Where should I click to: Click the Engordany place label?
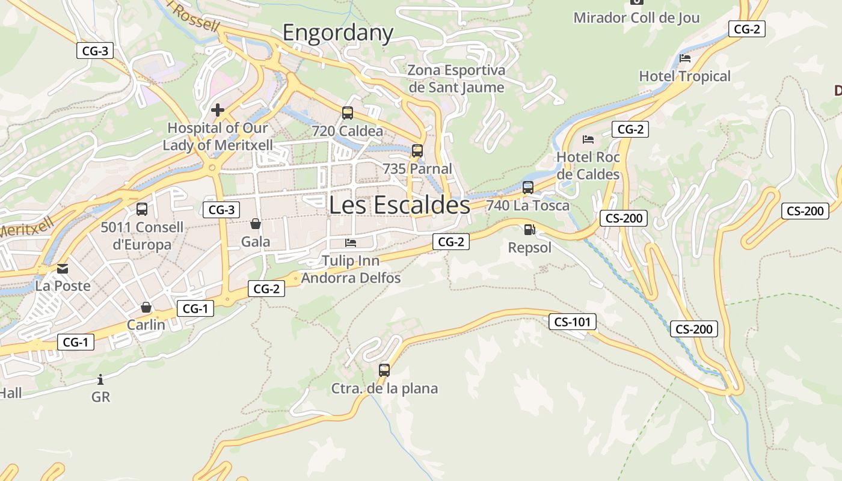click(x=338, y=32)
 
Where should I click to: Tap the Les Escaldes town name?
click(x=399, y=205)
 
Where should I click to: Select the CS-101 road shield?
click(x=572, y=322)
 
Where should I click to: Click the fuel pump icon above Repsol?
click(x=529, y=229)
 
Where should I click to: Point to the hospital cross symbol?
click(x=218, y=110)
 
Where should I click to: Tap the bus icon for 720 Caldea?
click(x=348, y=112)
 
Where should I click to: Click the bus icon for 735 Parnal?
click(x=417, y=150)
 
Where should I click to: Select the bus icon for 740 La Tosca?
click(x=528, y=187)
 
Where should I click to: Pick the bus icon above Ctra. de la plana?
click(x=384, y=370)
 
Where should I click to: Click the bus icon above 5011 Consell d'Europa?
click(x=142, y=209)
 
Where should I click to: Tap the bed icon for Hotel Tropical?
click(x=685, y=58)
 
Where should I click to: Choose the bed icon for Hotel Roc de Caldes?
click(x=588, y=139)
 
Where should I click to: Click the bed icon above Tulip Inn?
click(x=351, y=243)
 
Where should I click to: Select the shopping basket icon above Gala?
click(x=256, y=224)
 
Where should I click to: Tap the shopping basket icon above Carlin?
click(x=146, y=307)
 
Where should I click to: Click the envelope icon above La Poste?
click(x=63, y=268)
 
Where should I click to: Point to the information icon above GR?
click(x=100, y=379)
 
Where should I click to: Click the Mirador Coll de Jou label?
click(x=636, y=17)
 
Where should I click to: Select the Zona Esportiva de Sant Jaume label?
click(x=456, y=79)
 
